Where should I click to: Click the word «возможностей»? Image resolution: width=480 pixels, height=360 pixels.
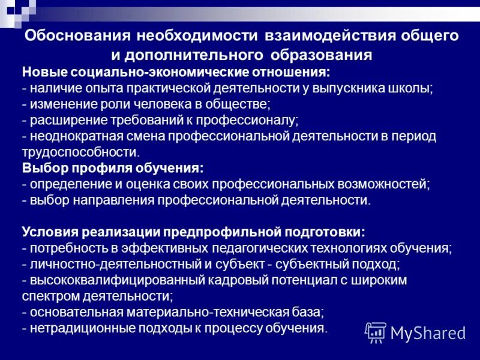point(384,184)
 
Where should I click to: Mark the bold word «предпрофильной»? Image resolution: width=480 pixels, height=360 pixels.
point(224,232)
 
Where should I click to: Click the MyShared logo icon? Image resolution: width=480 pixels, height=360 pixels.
point(376,331)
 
